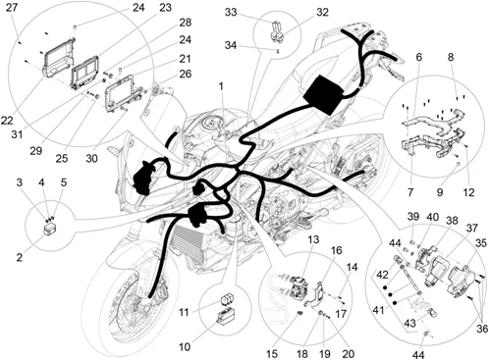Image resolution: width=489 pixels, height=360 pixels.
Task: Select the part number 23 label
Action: click(166, 9)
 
